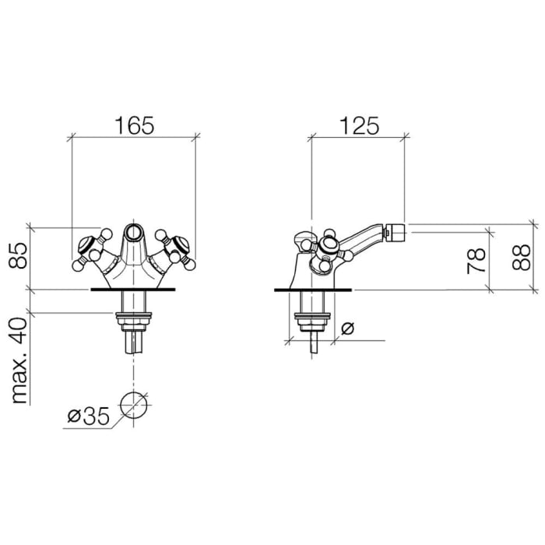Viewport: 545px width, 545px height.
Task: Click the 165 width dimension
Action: [x=132, y=123]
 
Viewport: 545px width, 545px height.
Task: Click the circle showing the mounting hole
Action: [x=133, y=406]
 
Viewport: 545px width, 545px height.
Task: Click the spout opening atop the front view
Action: [x=133, y=231]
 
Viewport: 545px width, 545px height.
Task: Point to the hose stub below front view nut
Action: [x=133, y=340]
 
